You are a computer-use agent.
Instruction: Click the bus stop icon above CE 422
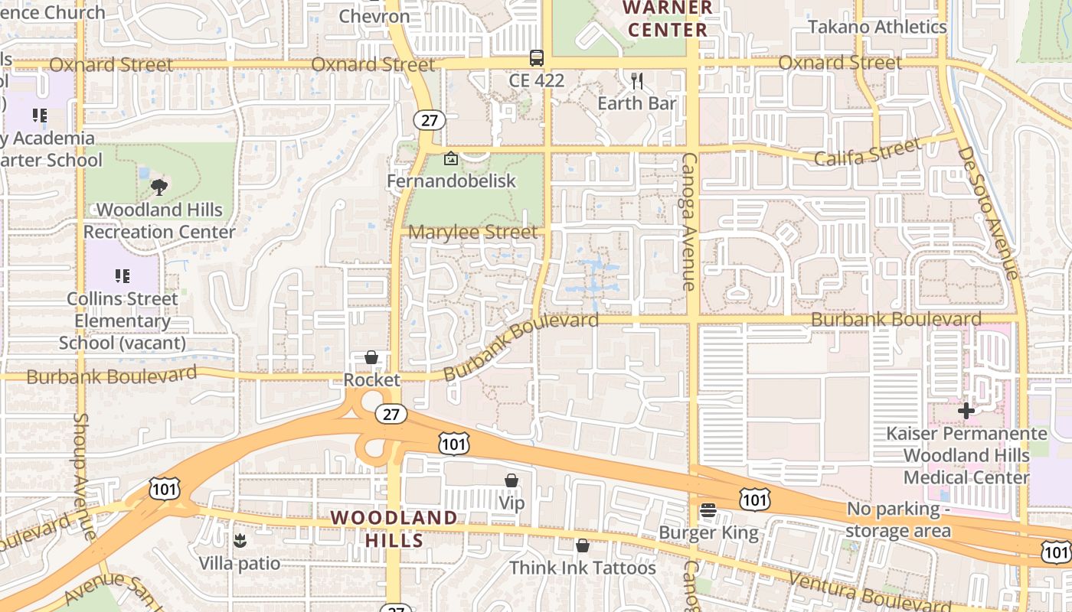pos(537,57)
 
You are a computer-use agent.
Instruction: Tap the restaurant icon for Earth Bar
pos(636,80)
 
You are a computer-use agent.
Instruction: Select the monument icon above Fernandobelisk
pos(451,159)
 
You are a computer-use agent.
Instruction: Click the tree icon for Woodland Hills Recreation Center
pos(159,187)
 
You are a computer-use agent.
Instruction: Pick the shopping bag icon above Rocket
pos(371,357)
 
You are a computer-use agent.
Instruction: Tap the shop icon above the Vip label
pos(511,480)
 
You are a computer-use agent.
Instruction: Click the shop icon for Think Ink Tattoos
pos(583,545)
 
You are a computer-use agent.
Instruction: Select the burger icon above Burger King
pos(708,510)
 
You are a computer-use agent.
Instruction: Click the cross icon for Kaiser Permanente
pos(966,411)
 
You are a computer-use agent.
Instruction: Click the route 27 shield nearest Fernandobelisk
pos(429,119)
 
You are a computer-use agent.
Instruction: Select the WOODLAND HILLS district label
pos(394,529)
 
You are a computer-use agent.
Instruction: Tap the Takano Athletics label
pos(878,27)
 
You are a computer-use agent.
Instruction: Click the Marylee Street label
pos(472,232)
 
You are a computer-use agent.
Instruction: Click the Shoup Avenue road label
pos(82,474)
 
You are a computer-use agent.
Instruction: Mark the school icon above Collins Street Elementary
pos(123,275)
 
